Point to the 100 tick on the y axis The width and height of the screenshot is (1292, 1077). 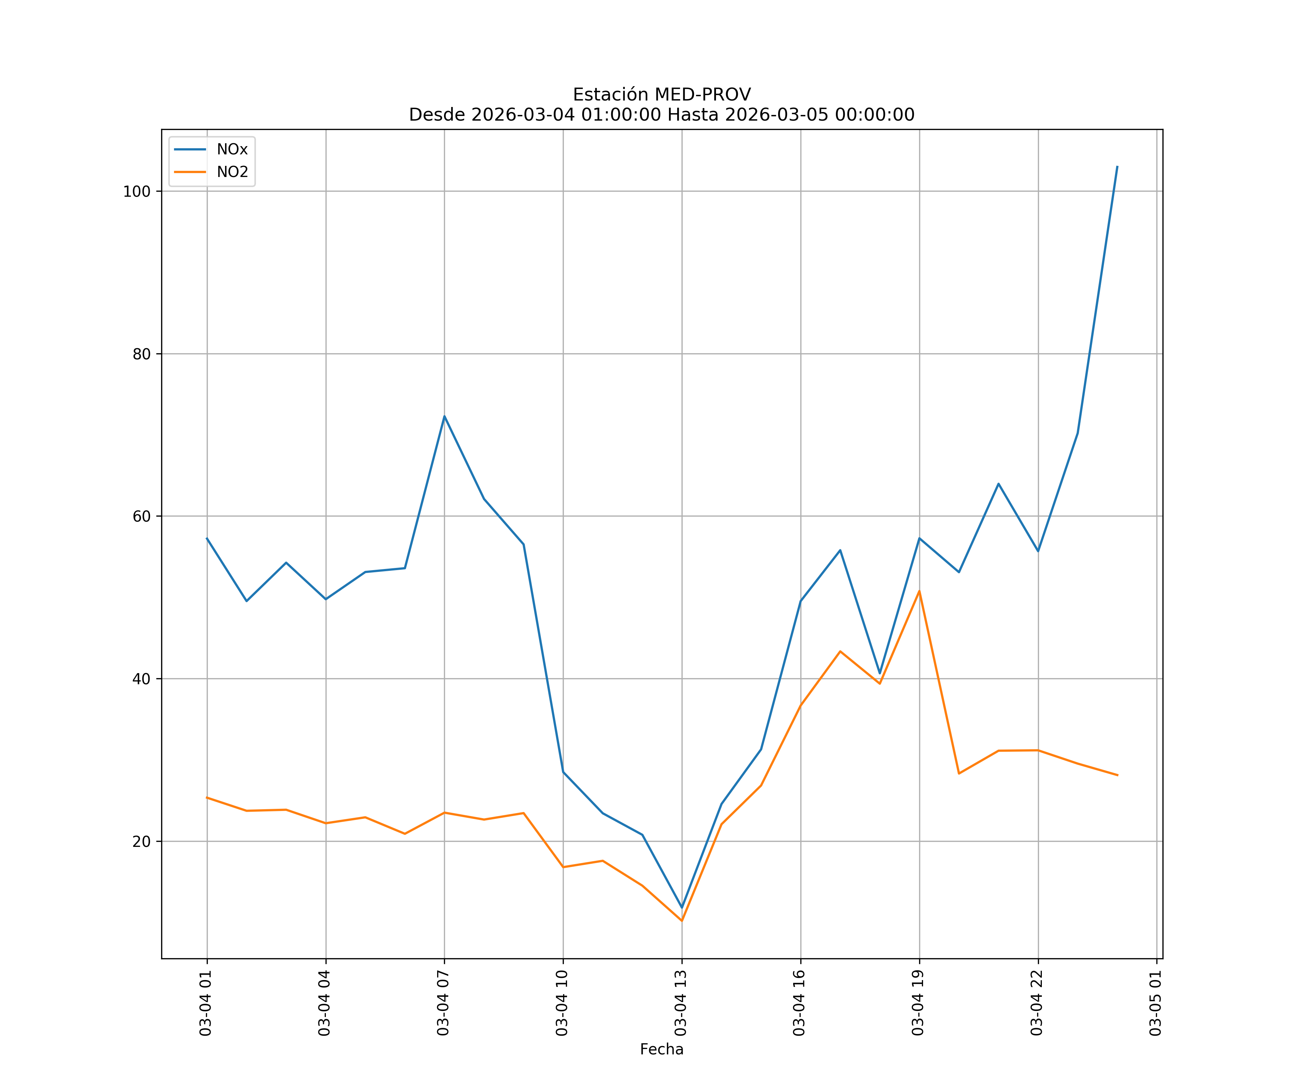point(137,191)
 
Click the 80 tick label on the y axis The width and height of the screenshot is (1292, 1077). point(141,354)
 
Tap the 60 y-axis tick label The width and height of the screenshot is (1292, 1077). point(141,516)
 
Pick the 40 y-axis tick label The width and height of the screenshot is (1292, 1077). point(141,679)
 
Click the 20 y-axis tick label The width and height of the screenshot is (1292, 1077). point(141,841)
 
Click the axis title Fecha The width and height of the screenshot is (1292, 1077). point(661,1049)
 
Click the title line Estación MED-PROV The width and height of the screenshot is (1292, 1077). point(661,95)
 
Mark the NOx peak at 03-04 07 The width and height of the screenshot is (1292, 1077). point(444,417)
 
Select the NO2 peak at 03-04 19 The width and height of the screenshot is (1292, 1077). point(919,591)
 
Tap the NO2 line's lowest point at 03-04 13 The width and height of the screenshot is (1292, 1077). point(682,921)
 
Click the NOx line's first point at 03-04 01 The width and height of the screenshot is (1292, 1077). point(207,538)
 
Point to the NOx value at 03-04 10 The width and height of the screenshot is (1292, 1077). point(563,772)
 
